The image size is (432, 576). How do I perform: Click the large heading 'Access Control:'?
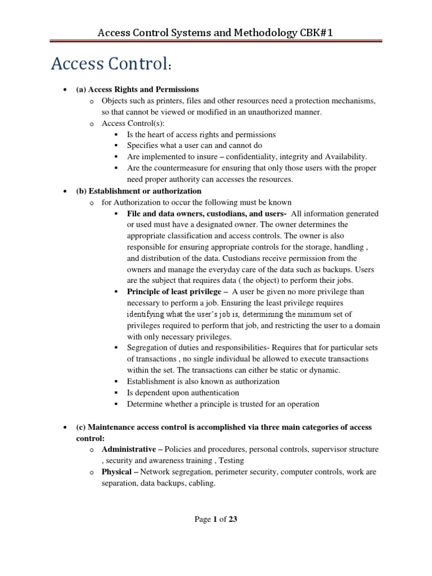pos(110,65)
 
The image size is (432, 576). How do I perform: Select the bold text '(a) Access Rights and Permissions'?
pos(137,89)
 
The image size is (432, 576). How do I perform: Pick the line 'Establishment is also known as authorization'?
pos(204,381)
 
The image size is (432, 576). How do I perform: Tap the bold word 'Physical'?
pos(117,472)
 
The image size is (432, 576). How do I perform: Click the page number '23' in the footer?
pos(232,520)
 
